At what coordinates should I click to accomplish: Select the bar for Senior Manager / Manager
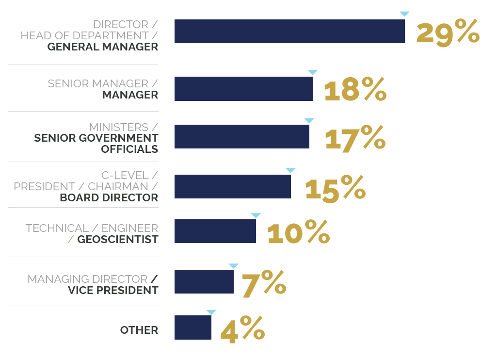pos(243,89)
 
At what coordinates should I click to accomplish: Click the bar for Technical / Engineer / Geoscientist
pos(215,231)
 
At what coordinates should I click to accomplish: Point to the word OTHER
pos(139,330)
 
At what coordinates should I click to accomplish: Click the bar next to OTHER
pos(192,327)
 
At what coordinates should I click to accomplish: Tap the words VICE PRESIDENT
pos(113,290)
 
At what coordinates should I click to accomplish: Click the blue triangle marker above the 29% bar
pos(404,14)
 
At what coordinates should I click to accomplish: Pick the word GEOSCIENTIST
pos(117,239)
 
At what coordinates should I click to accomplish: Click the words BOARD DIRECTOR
pos(109,197)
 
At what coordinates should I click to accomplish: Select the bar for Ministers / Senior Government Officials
pos(241,136)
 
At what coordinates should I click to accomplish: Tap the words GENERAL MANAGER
pos(103,47)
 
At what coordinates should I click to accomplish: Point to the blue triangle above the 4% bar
pos(211,312)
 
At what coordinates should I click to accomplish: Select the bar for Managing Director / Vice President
pos(204,281)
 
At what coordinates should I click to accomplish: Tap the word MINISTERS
pos(118,127)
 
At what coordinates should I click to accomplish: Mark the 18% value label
pos(355,89)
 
